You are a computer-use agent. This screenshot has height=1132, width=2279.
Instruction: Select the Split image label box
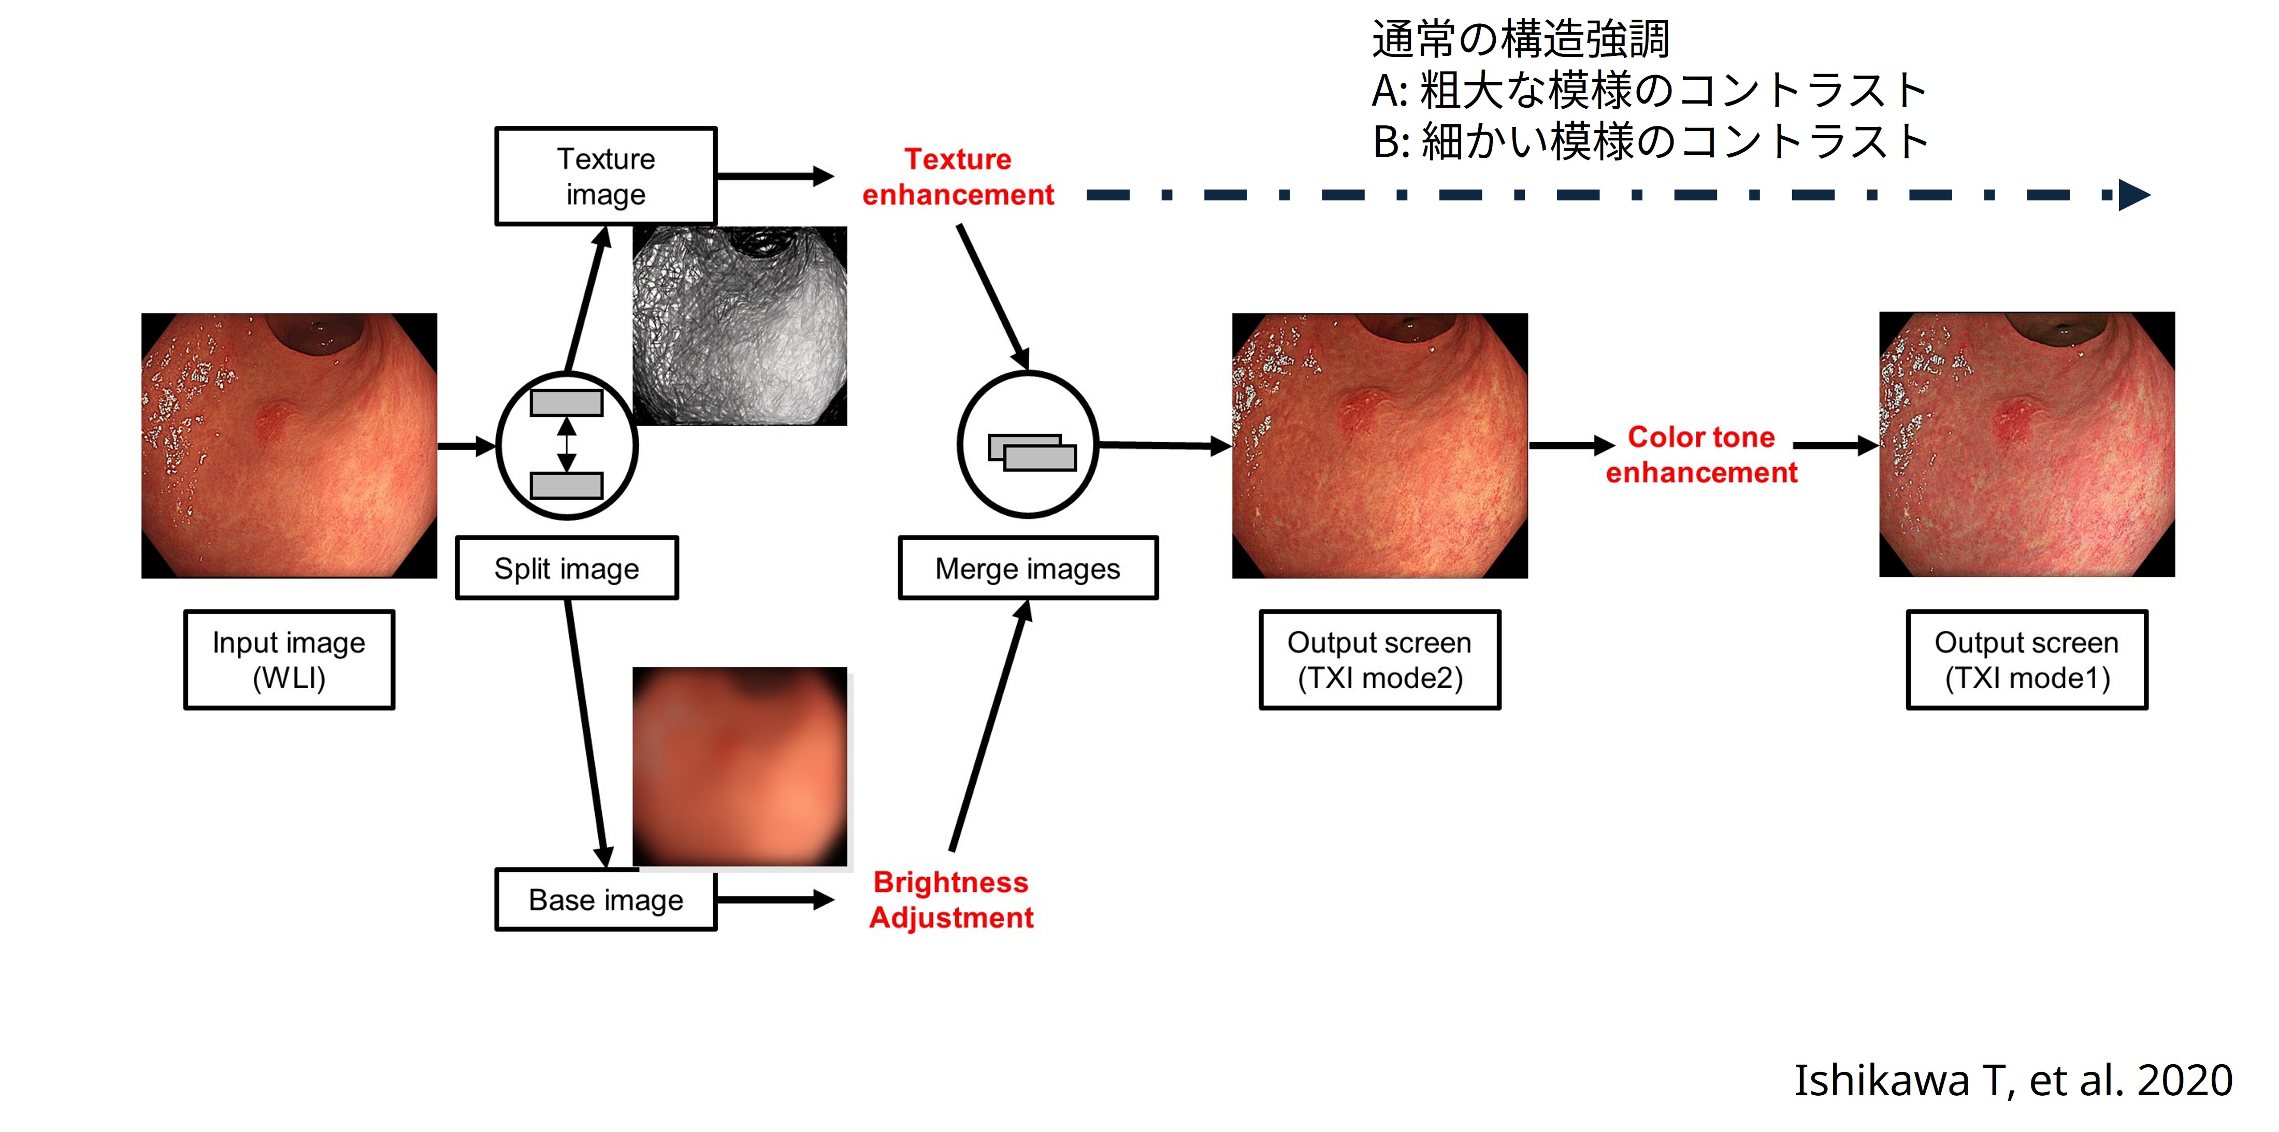(x=566, y=568)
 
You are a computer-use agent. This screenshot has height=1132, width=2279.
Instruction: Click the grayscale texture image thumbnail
(x=740, y=325)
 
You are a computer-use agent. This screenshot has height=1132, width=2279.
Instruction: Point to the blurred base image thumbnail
(x=740, y=766)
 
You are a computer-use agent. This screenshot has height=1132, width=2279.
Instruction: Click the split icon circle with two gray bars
(x=566, y=445)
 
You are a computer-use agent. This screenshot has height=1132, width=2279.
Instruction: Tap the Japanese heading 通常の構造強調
(x=1520, y=39)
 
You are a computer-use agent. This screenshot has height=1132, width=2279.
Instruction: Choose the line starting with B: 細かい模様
(x=1650, y=141)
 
